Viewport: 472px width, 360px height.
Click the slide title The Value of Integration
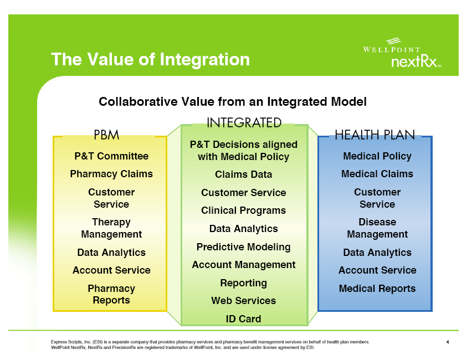(150, 59)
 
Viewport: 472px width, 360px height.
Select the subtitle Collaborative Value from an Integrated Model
(232, 102)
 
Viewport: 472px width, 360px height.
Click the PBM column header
(106, 135)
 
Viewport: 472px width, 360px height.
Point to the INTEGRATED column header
(244, 122)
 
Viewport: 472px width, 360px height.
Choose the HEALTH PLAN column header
(375, 135)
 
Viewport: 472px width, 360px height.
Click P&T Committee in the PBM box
(111, 156)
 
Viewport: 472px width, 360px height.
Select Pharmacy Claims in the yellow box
(111, 174)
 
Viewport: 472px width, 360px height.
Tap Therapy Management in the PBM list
(111, 228)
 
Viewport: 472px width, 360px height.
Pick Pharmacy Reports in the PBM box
(111, 294)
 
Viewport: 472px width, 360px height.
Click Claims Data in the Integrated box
(244, 174)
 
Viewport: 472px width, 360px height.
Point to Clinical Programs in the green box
(244, 210)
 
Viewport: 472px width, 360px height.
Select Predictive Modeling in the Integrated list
(244, 246)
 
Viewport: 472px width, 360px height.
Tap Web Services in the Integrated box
(244, 301)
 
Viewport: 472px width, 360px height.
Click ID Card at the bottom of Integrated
(244, 319)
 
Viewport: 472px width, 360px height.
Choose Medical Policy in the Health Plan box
(377, 156)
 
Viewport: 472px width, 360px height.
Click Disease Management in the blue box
(377, 228)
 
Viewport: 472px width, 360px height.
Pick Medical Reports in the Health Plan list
(377, 289)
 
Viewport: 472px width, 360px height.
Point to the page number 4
(447, 342)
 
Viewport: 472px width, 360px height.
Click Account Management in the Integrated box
(244, 265)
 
